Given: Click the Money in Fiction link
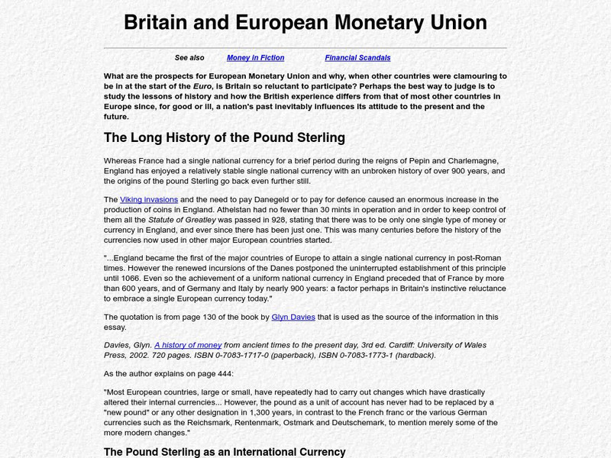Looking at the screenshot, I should click(255, 58).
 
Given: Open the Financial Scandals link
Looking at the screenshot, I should click(357, 58).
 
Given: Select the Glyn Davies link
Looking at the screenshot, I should click(293, 317).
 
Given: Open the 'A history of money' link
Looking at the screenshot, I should click(188, 345).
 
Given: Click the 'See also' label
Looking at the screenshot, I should click(189, 58).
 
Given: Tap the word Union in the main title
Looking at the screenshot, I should click(456, 22).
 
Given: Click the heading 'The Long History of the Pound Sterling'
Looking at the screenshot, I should click(225, 138).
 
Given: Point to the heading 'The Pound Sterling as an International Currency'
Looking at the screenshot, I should click(225, 452).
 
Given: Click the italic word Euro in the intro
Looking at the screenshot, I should click(202, 87).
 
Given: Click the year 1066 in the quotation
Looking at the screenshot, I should click(129, 278).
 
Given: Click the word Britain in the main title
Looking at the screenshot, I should click(157, 22).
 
